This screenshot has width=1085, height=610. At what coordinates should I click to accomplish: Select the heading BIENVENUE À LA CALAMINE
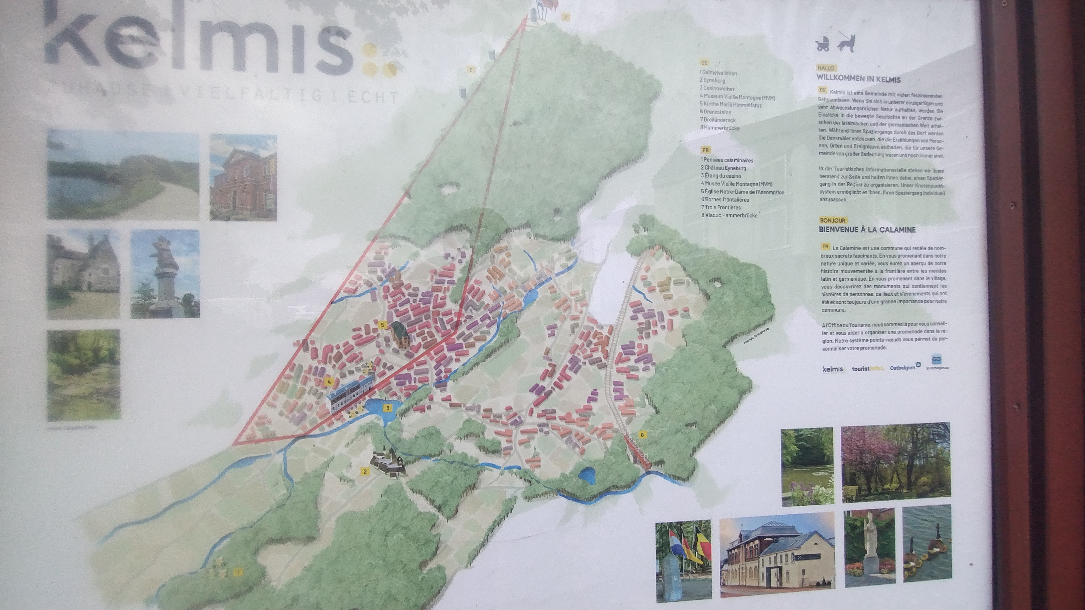coord(867,230)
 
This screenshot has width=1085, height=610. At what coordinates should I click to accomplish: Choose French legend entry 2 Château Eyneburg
coord(723,168)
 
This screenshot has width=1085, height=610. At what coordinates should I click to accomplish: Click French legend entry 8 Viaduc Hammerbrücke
coord(729,215)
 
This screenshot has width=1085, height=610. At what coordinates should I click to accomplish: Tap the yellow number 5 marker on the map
coord(382,325)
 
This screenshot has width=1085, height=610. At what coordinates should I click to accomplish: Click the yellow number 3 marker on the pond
coord(387,408)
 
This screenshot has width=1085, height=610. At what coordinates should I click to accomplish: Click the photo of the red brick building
coord(243,177)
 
